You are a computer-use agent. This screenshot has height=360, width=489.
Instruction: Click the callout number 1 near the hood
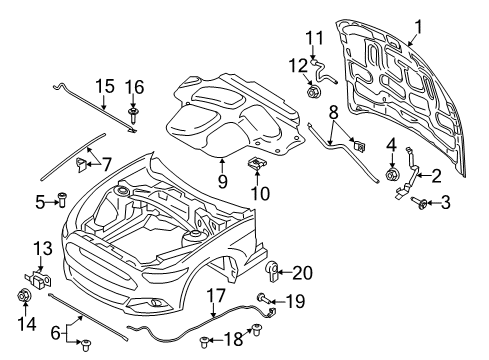click(419, 27)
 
